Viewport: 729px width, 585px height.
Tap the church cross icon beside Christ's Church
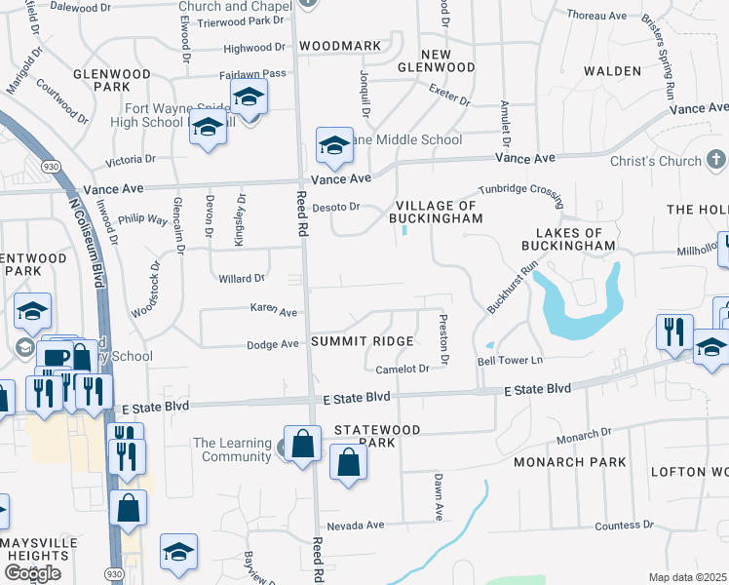coord(716,160)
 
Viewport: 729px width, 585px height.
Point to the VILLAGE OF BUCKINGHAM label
coord(439,213)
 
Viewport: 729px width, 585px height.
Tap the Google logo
coord(31,573)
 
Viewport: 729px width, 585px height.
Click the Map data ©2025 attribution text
coord(688,577)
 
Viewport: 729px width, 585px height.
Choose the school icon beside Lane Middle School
coord(335,146)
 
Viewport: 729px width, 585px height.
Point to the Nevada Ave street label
coord(356,525)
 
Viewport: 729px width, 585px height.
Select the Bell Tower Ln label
coord(508,361)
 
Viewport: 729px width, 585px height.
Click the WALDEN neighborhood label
coord(612,71)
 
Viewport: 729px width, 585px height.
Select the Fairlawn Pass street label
coord(252,73)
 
